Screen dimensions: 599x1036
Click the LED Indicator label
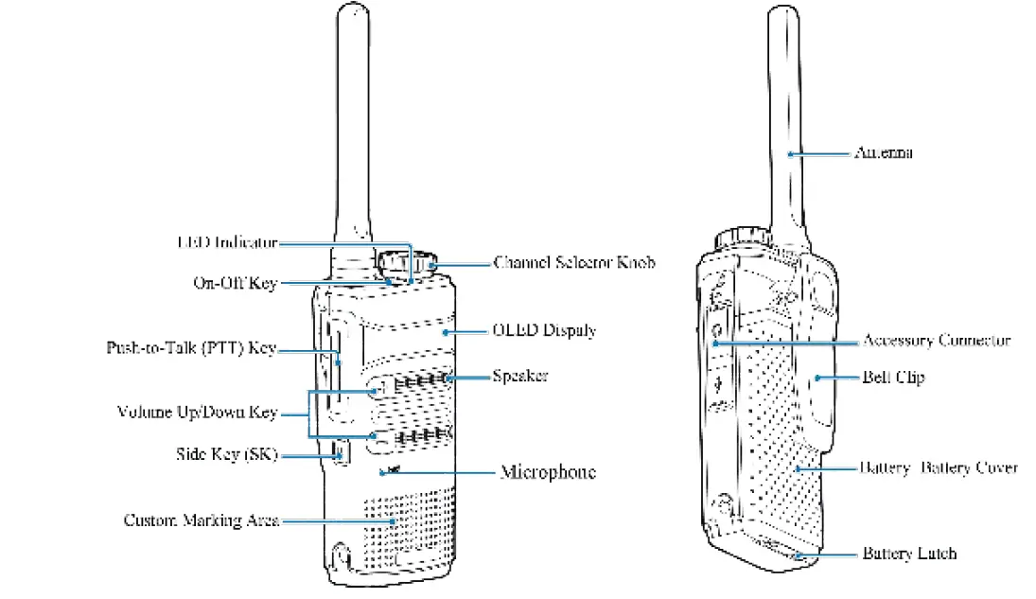tap(227, 242)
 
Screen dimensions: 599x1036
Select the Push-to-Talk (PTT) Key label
tap(191, 348)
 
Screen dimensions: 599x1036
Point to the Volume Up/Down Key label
tap(197, 412)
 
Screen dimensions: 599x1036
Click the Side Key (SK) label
tap(227, 454)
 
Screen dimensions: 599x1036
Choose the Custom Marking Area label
tap(202, 520)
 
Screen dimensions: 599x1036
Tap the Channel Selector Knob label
tap(574, 262)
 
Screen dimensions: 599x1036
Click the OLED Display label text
tap(544, 330)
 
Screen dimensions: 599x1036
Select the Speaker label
tap(519, 376)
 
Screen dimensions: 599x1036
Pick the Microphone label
tap(548, 471)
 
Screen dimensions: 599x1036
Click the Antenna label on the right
tap(884, 152)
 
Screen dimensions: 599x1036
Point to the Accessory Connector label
tap(936, 340)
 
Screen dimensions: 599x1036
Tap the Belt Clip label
tap(893, 377)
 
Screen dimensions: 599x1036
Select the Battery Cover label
tap(938, 467)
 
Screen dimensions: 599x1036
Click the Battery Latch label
tap(909, 554)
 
